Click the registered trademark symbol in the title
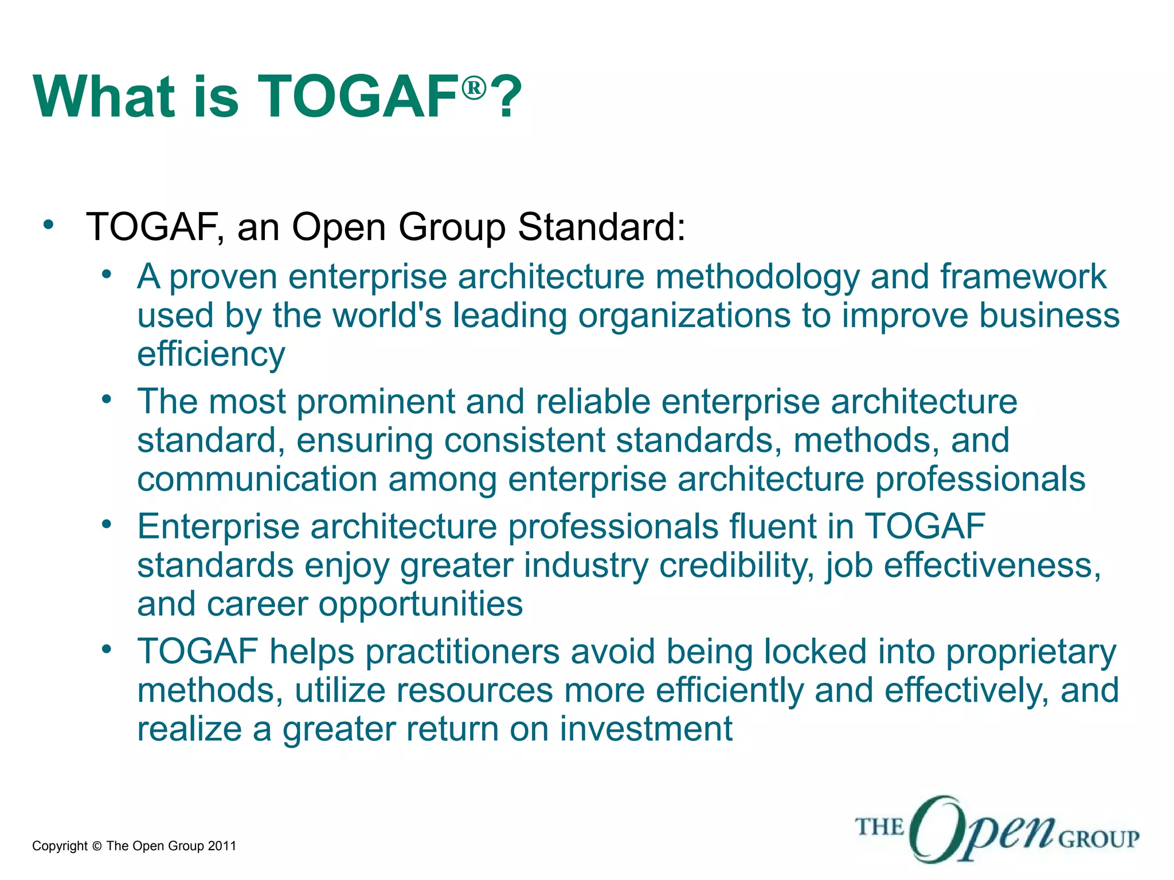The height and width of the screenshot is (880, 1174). click(474, 88)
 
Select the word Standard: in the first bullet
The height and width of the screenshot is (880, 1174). click(601, 227)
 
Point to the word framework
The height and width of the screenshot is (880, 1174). click(1023, 277)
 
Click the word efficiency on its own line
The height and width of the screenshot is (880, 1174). click(211, 355)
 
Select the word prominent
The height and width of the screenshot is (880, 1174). click(375, 402)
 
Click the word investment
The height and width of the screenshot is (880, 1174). click(645, 729)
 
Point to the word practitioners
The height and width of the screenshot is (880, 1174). click(462, 652)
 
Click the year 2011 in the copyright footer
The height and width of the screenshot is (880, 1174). click(222, 846)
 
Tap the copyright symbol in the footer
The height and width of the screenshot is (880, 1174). click(96, 846)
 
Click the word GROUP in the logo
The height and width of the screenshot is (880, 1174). click(1098, 839)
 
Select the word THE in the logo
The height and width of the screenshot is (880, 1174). click(879, 827)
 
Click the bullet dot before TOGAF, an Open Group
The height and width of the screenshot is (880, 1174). click(49, 225)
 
